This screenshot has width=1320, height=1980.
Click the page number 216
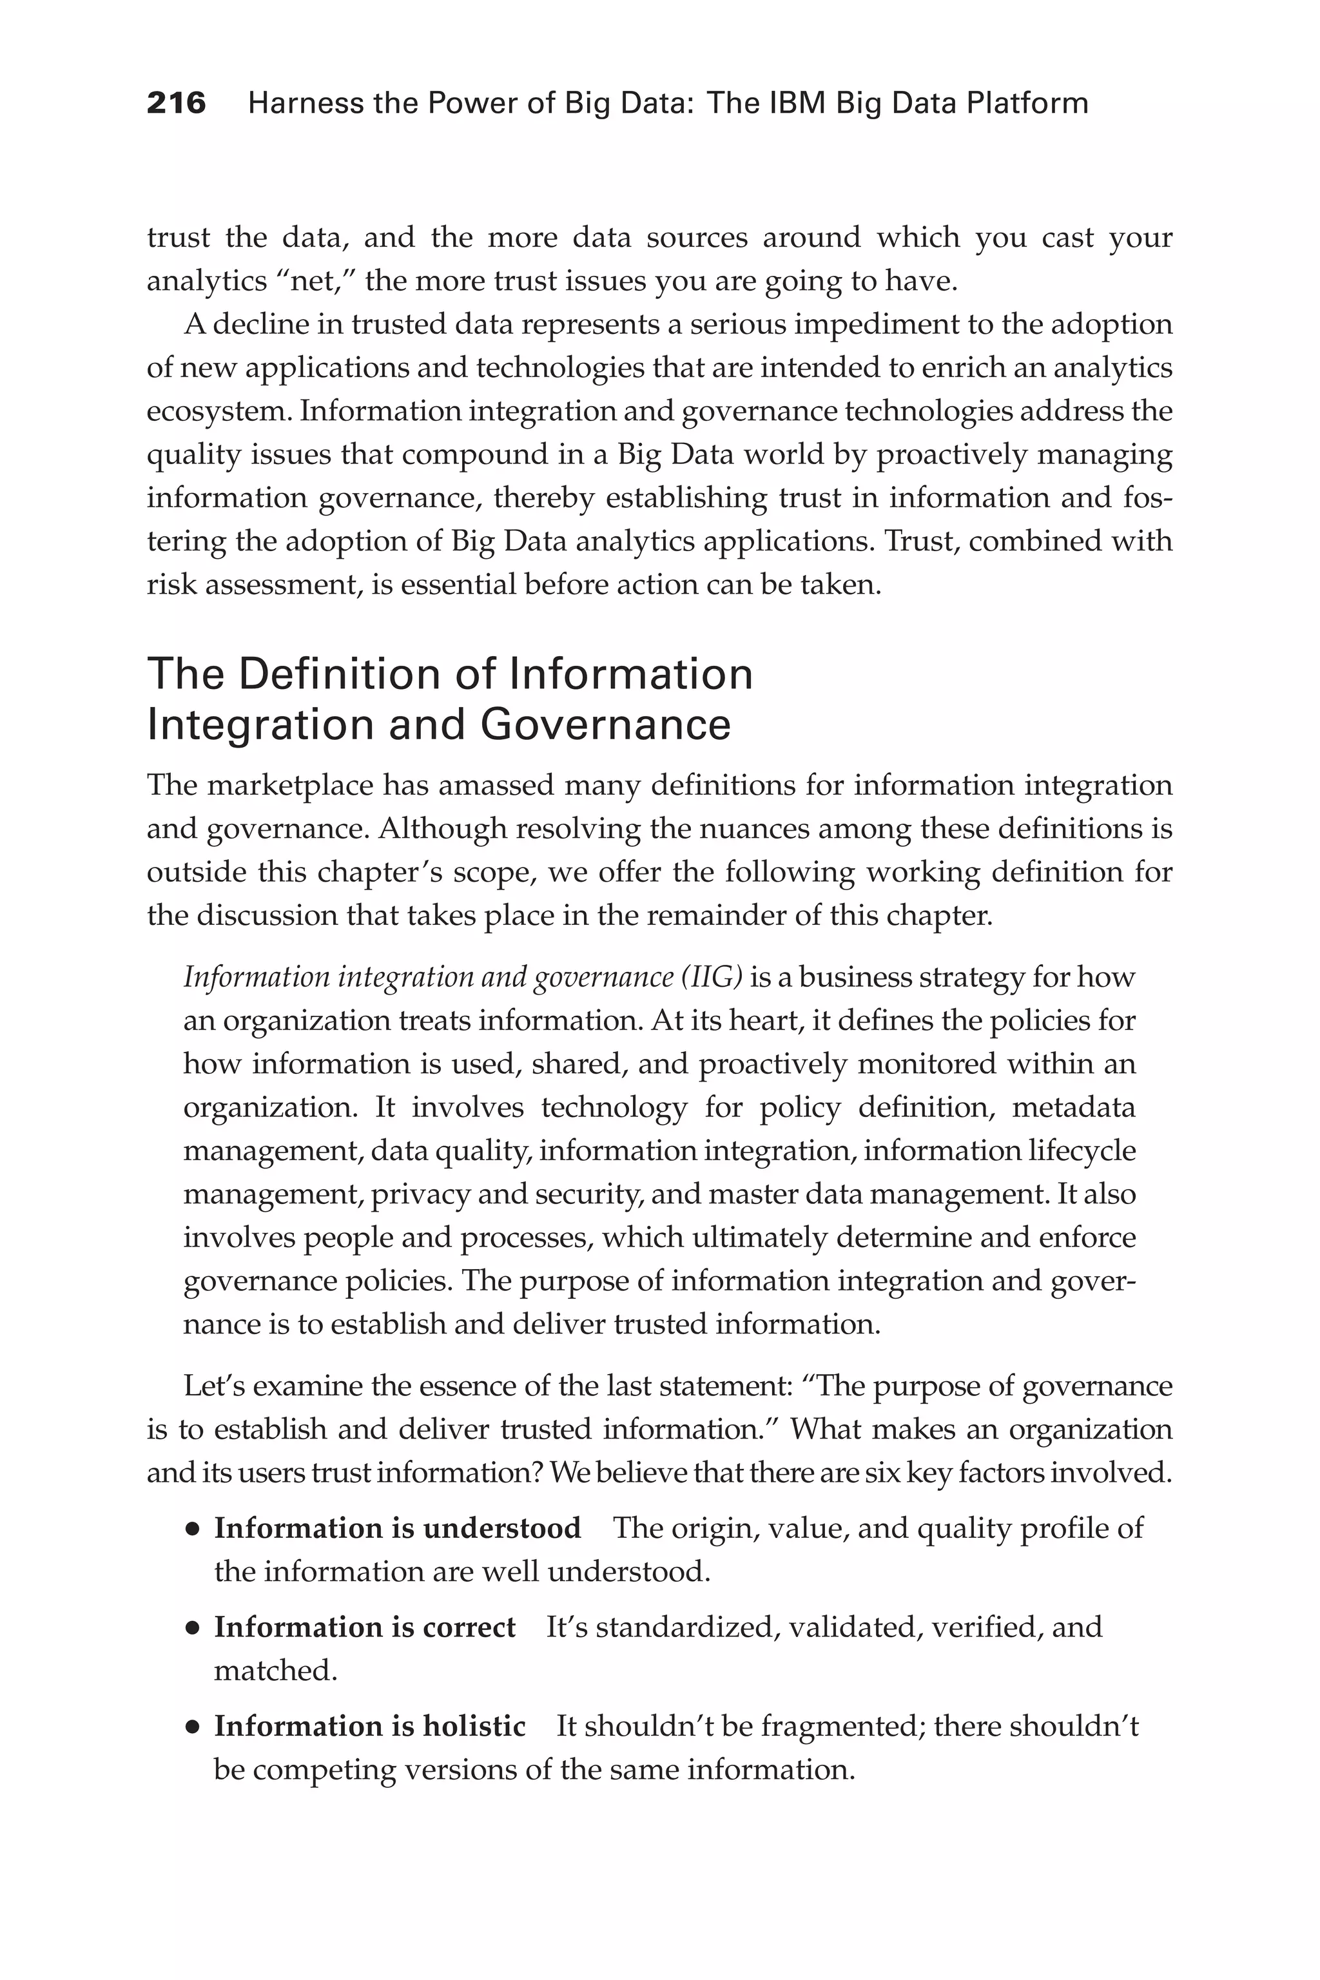176,104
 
